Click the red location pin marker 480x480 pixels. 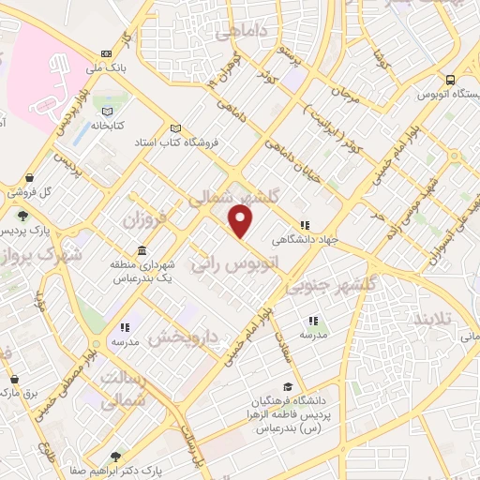pos(242,221)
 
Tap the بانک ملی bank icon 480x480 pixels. pos(105,53)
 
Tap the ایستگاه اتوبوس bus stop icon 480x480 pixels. pos(451,80)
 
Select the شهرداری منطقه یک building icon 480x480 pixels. pos(142,251)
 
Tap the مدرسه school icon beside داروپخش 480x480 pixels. pos(124,328)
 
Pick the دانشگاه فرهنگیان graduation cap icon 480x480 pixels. pos(287,386)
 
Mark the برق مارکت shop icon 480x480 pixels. pos(14,380)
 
